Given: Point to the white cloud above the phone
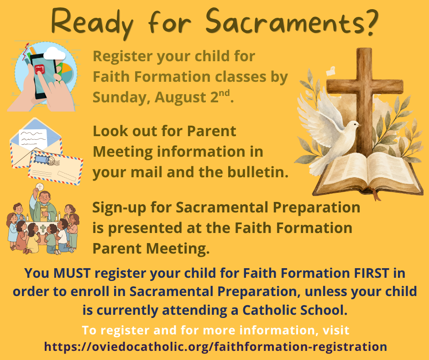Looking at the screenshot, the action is click(x=54, y=53).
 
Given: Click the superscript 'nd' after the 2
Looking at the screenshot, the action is click(x=224, y=93).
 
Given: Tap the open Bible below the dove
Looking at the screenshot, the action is click(x=368, y=174).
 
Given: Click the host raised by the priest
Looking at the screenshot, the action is click(x=40, y=186).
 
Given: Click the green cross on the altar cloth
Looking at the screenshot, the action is click(x=43, y=228).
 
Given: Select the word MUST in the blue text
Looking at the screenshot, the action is click(x=72, y=273).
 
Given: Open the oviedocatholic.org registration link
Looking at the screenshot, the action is click(x=215, y=347).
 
